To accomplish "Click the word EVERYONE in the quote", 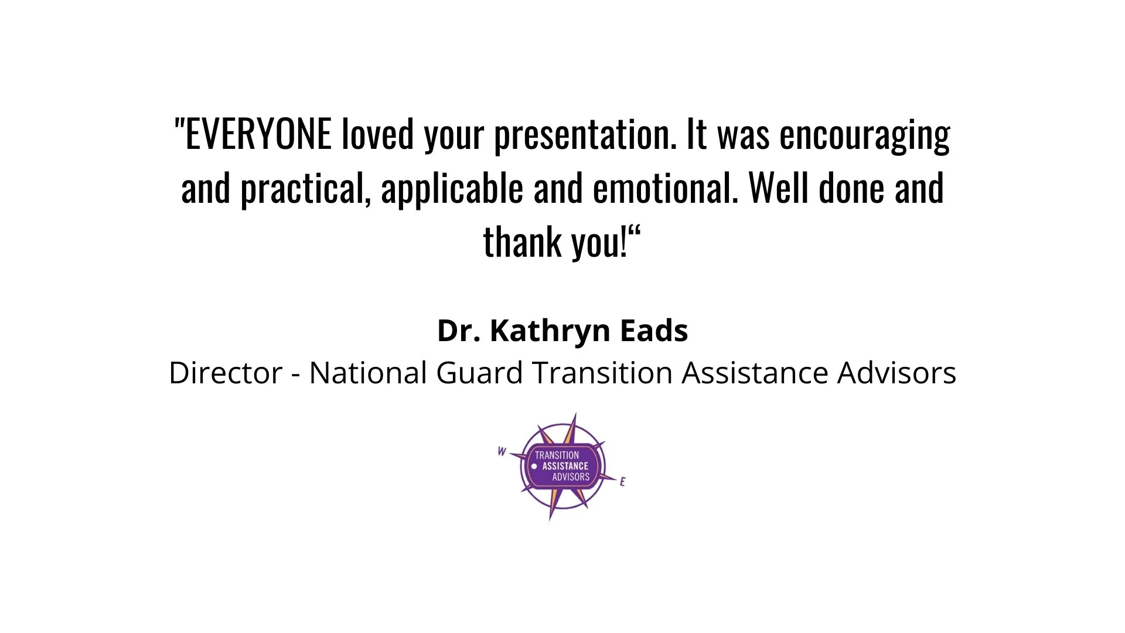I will [258, 134].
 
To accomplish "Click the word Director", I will [226, 373].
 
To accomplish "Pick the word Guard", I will [479, 373].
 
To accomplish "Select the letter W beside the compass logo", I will [502, 451].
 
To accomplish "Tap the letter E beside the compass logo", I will [622, 482].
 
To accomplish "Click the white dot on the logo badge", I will [534, 467].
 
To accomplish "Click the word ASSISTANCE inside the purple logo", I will [565, 467].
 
